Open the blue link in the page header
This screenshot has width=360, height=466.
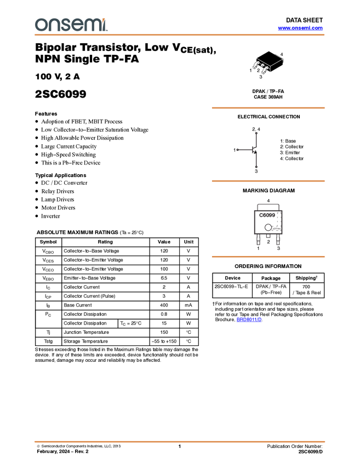coord(300,28)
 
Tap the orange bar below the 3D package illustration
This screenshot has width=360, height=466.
coord(268,108)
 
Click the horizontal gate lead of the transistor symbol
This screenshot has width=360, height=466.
coord(244,150)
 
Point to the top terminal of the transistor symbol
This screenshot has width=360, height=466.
coord(256,133)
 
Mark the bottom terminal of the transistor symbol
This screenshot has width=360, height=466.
coord(256,166)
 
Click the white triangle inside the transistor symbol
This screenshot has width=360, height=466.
coord(255,150)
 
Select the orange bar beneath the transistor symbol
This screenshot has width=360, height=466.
coord(268,181)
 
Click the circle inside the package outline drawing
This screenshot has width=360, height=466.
coord(268,226)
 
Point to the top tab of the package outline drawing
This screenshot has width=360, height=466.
coord(268,204)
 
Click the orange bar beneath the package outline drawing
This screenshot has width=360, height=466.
coord(268,257)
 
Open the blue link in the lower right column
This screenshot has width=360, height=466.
coord(249,320)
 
